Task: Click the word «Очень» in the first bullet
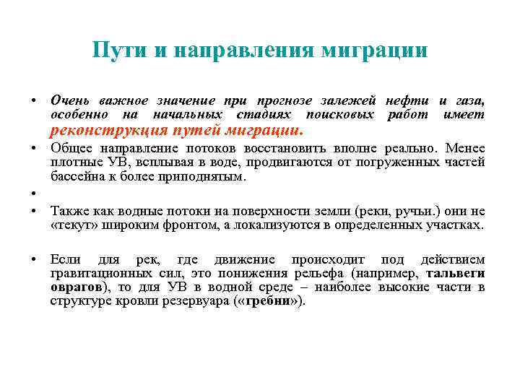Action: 68,100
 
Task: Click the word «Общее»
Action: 69,148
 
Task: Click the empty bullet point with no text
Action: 33,194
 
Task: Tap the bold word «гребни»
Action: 264,301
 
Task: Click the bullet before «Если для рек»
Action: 33,259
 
